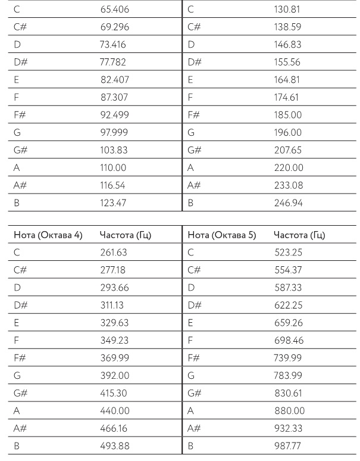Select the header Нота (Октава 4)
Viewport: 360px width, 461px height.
(47, 235)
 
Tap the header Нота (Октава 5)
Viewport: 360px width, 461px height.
(221, 235)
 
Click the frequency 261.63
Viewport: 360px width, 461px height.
(114, 252)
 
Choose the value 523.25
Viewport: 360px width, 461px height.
(288, 252)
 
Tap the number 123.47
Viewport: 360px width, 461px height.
(114, 203)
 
